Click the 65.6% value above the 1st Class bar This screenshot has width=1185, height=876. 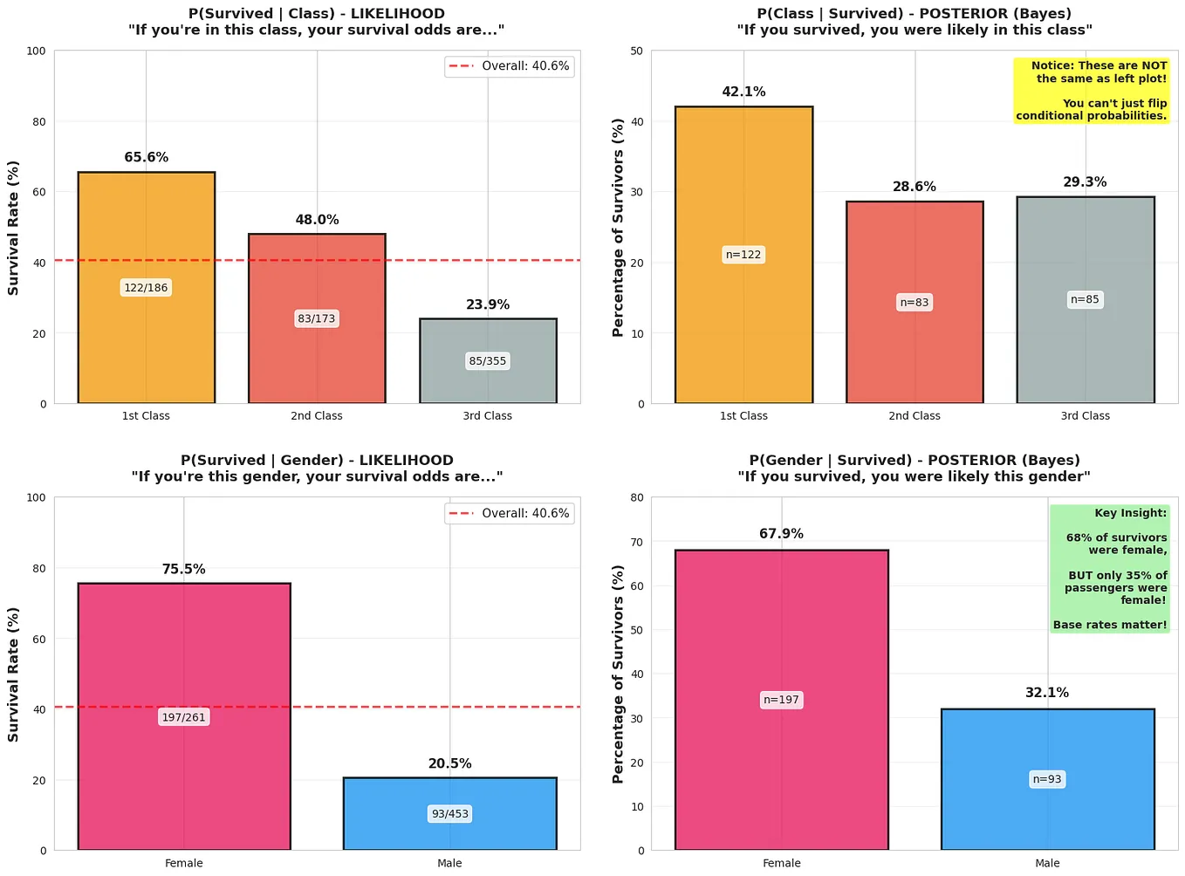(146, 157)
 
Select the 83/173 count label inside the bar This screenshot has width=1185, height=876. (317, 318)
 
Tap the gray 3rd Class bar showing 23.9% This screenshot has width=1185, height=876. (488, 384)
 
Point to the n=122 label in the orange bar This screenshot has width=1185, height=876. (743, 255)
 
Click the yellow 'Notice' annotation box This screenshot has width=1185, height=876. (1091, 91)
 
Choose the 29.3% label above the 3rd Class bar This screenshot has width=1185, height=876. (1085, 182)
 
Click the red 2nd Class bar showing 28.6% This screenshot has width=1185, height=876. (914, 349)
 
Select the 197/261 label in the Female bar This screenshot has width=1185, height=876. (184, 717)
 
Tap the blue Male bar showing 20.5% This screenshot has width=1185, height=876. (449, 833)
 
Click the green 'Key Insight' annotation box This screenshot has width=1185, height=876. (1108, 569)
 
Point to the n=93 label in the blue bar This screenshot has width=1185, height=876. (1047, 779)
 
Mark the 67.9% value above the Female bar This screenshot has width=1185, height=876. (781, 534)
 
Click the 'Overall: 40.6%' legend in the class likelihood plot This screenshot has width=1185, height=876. (510, 66)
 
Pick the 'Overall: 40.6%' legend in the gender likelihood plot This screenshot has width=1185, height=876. (510, 514)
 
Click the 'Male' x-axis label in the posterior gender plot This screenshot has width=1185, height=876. (1047, 863)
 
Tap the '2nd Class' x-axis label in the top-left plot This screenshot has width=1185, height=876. (317, 416)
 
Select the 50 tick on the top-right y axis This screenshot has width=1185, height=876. (637, 51)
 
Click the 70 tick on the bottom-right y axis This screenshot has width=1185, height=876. (637, 542)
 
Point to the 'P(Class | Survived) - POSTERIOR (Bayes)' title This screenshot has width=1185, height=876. (914, 14)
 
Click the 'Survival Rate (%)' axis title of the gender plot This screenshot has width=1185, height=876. (13, 674)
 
